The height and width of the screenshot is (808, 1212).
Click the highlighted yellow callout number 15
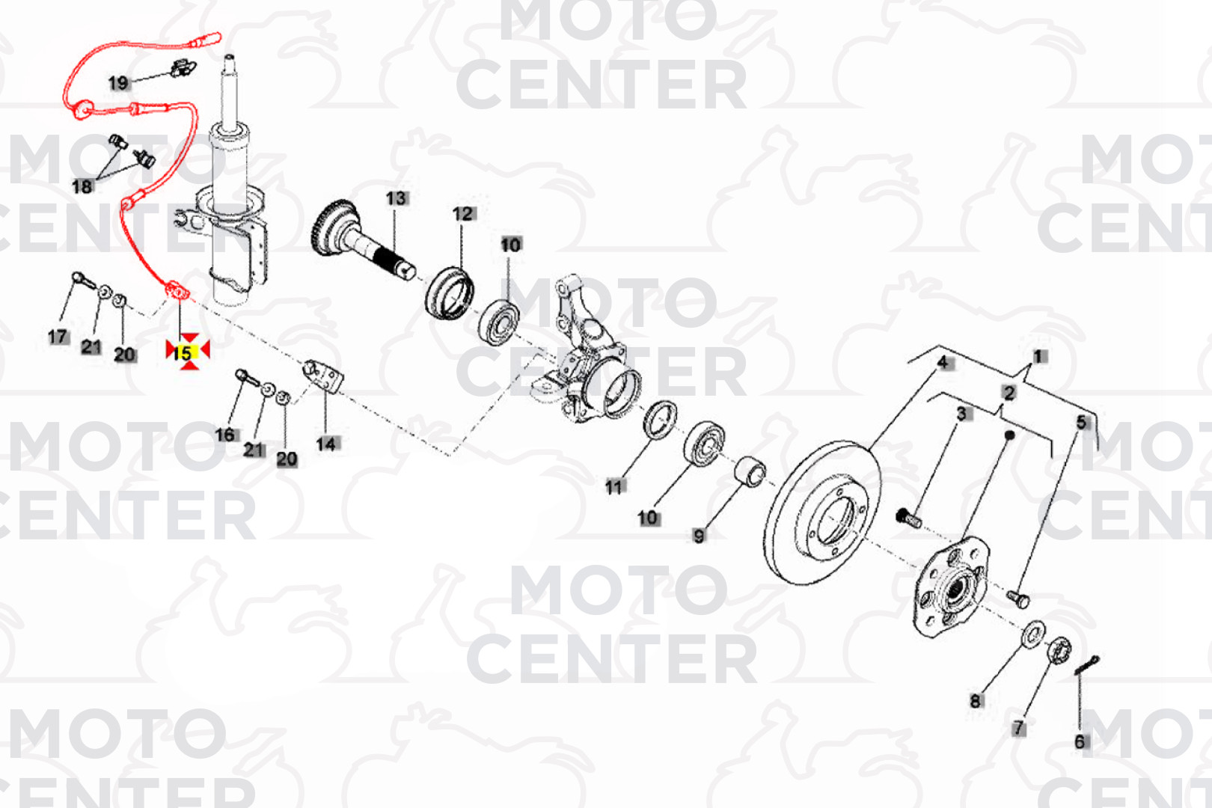(x=183, y=353)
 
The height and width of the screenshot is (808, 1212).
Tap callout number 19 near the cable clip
(x=118, y=83)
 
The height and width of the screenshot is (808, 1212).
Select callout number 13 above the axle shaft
(x=396, y=198)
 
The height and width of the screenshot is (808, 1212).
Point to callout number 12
(x=463, y=214)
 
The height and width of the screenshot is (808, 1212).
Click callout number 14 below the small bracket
(x=325, y=444)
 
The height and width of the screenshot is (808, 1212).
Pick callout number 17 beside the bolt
(x=58, y=337)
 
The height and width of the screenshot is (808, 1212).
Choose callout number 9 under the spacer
(x=699, y=536)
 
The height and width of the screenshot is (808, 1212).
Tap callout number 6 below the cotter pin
(x=1080, y=741)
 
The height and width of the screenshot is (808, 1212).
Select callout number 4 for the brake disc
(x=942, y=362)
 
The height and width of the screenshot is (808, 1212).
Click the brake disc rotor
(x=822, y=512)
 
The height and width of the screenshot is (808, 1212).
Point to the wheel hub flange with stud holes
(x=951, y=587)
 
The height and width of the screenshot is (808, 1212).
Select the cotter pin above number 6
(x=1086, y=664)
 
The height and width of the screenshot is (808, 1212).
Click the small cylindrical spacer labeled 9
(x=750, y=471)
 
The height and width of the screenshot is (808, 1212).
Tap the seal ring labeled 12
(x=449, y=293)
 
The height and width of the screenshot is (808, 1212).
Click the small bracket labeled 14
(x=323, y=376)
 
